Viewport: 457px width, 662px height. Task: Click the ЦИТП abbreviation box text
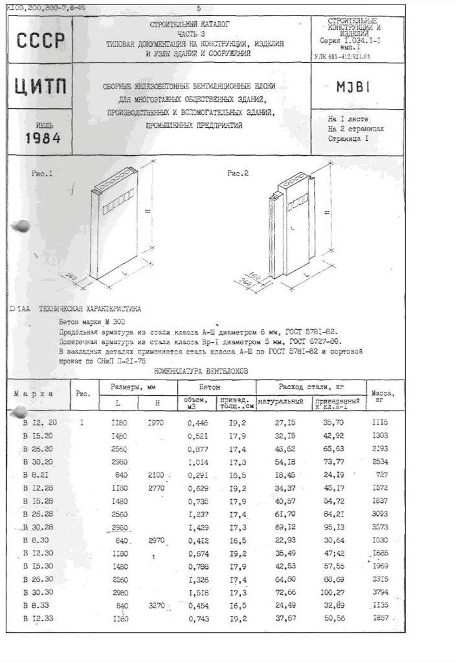click(40, 89)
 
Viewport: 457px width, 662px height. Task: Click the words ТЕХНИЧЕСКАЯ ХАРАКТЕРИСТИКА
click(89, 310)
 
